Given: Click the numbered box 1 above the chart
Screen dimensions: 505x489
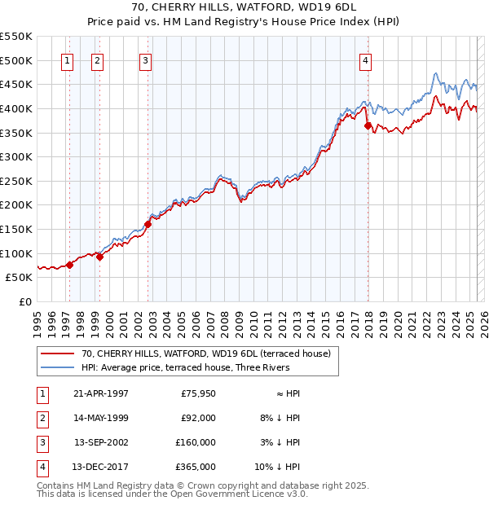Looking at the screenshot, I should click(67, 59).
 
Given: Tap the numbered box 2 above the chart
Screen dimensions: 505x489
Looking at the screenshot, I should click(97, 59).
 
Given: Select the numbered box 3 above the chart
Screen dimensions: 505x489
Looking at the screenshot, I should click(145, 59).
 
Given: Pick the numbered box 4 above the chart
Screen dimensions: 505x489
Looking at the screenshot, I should click(366, 59).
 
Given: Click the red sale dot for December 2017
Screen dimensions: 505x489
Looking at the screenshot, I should click(368, 125).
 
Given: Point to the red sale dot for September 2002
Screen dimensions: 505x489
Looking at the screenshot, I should click(148, 224).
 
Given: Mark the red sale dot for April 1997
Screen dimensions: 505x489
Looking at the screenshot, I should click(70, 264).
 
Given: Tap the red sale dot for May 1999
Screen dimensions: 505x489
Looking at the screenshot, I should click(100, 257).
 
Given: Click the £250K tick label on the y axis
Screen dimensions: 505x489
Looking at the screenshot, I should click(16, 181).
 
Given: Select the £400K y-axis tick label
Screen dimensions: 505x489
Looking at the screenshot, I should click(16, 108).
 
